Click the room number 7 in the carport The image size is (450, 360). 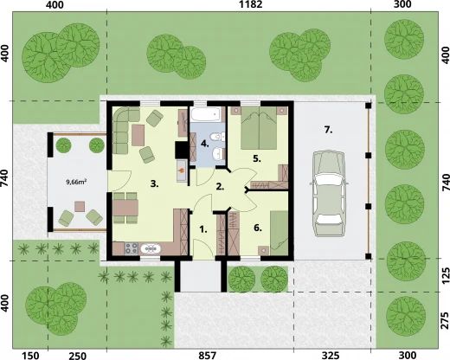point(328,130)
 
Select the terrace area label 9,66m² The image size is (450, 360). point(80,183)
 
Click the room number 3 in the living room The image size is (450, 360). point(153,183)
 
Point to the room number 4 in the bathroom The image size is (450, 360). point(204,143)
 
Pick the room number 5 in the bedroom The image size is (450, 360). point(257,158)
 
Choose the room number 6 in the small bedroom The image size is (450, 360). point(257,228)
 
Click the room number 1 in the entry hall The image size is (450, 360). point(203,229)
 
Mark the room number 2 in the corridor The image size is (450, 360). point(220,185)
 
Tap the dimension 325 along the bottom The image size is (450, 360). point(332,354)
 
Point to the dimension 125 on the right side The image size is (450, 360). point(444,274)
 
